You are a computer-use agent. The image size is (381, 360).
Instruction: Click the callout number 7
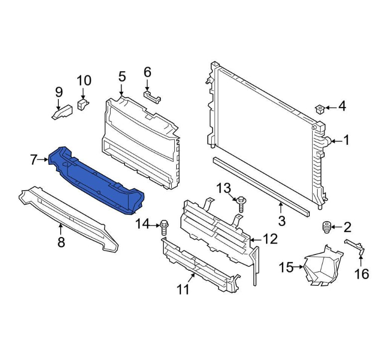[x=33, y=160]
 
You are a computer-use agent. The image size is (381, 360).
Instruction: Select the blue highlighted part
[x=97, y=181]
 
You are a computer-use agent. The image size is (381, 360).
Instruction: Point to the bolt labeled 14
[x=164, y=228]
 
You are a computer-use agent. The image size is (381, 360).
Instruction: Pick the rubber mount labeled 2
[x=326, y=227]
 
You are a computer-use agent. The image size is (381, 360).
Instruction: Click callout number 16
[x=362, y=274]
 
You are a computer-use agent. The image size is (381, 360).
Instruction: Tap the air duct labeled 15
[x=323, y=266]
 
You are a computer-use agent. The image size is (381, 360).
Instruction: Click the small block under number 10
[x=83, y=104]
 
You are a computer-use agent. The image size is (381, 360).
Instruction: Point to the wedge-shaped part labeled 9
[x=62, y=112]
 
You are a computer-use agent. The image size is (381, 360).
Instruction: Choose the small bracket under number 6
[x=152, y=97]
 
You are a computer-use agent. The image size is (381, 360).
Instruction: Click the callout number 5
[x=122, y=76]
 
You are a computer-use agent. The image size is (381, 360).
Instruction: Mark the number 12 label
[x=270, y=239]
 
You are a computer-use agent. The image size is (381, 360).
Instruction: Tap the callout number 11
[x=183, y=289]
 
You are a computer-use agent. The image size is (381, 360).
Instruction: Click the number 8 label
[x=61, y=242]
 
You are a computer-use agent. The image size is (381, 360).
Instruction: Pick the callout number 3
[x=281, y=221]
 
